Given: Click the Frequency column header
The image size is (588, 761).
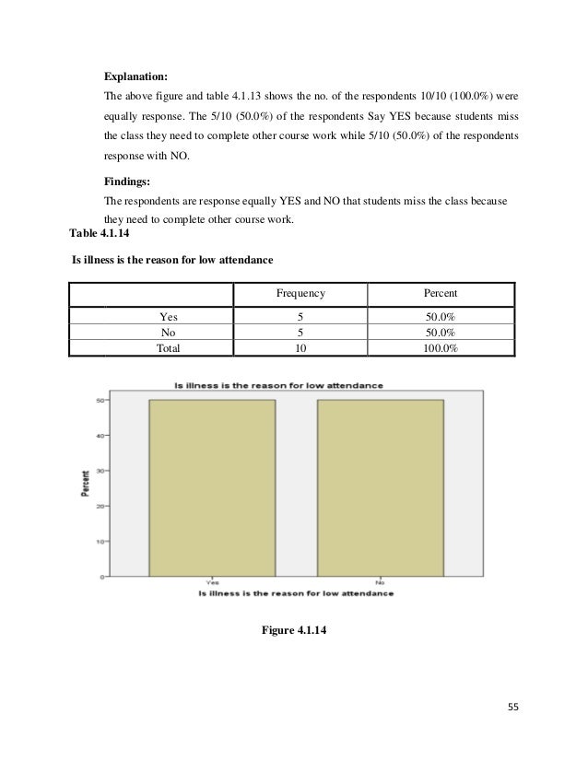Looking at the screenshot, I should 300,294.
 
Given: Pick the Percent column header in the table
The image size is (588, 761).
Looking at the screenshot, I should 440,294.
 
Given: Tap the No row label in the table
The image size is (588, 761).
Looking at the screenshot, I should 169,334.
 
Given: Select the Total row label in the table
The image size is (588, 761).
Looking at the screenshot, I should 169,348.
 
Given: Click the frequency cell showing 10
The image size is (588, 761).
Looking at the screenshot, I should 300,348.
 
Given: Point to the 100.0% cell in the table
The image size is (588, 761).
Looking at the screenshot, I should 440,348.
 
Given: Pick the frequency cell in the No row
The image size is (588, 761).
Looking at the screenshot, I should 300,334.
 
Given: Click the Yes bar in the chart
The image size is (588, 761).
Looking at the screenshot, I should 212,488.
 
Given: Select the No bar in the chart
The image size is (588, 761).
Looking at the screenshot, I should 380,488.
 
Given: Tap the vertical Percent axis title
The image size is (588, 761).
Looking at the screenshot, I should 85,484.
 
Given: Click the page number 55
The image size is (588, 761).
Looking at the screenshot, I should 512,708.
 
